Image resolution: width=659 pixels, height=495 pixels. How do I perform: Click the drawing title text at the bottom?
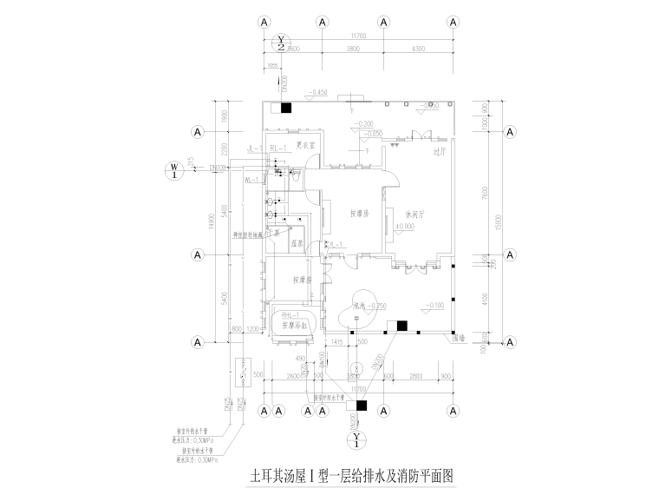(x=352, y=477)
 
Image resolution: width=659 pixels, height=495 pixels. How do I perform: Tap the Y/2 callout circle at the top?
(x=281, y=42)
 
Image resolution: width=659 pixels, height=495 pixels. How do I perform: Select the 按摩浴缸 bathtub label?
(x=297, y=325)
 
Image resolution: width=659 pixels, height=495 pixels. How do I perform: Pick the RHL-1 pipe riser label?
(x=288, y=314)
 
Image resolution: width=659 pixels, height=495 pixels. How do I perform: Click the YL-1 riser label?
(x=338, y=245)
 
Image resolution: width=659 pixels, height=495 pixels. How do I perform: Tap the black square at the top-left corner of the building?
(x=285, y=108)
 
